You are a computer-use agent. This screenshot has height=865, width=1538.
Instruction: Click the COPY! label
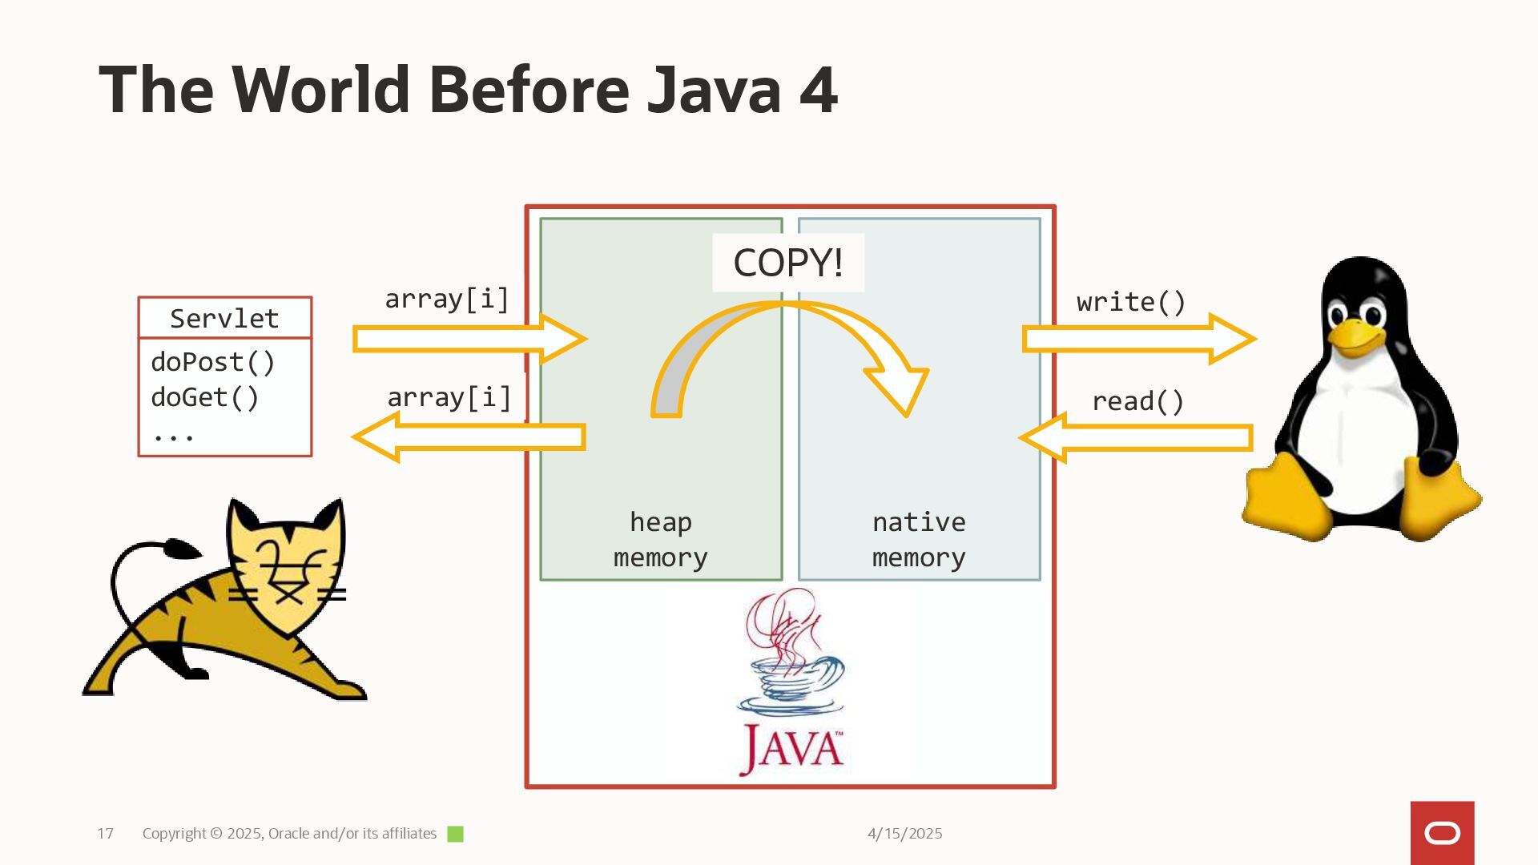tap(788, 263)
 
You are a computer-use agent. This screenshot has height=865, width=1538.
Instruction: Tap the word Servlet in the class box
tap(224, 319)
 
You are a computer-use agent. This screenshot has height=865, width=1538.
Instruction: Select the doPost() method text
tap(213, 362)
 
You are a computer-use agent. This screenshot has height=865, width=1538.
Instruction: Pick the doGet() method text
tap(205, 397)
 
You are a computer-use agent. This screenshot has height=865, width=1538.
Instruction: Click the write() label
tap(1131, 302)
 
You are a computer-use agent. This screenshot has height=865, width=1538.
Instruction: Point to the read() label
tap(1137, 401)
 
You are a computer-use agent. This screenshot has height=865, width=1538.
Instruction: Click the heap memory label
tap(661, 539)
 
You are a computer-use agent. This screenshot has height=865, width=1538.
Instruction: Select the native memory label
tap(919, 539)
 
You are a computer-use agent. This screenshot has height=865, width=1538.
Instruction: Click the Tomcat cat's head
tap(287, 561)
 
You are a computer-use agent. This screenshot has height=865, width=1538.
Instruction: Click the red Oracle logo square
tap(1442, 833)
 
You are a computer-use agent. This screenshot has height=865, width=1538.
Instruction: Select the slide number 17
tap(105, 834)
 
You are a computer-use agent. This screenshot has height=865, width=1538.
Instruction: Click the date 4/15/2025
tap(904, 834)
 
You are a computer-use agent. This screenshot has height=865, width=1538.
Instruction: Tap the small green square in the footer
tap(455, 834)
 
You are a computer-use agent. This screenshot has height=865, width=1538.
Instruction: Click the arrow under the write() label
tap(1137, 339)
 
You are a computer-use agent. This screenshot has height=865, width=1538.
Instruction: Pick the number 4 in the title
tap(818, 90)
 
